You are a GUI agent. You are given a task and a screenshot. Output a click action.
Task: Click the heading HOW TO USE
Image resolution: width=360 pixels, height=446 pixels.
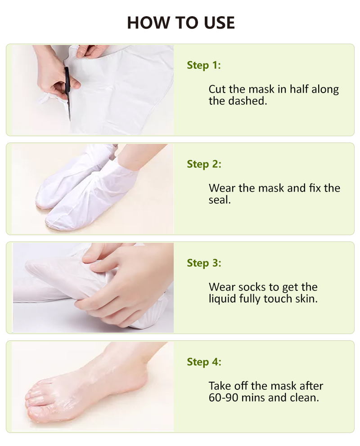pyautogui.click(x=180, y=22)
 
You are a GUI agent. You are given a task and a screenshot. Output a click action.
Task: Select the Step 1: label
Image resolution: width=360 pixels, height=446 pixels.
pyautogui.click(x=204, y=65)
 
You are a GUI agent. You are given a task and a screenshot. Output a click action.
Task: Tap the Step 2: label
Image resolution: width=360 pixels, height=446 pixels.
pyautogui.click(x=204, y=164)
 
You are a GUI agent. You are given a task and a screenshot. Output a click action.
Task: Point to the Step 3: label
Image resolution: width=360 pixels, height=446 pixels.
pyautogui.click(x=204, y=263)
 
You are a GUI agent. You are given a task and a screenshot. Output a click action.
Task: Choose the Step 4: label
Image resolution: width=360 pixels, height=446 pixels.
pyautogui.click(x=204, y=362)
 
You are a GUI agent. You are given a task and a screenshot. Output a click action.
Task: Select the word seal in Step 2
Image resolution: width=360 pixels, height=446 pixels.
pyautogui.click(x=219, y=200)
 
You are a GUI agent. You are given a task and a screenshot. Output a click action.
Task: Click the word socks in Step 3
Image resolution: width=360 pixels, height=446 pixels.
pyautogui.click(x=252, y=287)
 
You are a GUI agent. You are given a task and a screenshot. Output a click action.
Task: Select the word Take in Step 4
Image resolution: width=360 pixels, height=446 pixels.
pyautogui.click(x=219, y=386)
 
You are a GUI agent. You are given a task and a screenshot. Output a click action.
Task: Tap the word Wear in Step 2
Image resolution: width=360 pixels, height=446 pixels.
pyautogui.click(x=222, y=188)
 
